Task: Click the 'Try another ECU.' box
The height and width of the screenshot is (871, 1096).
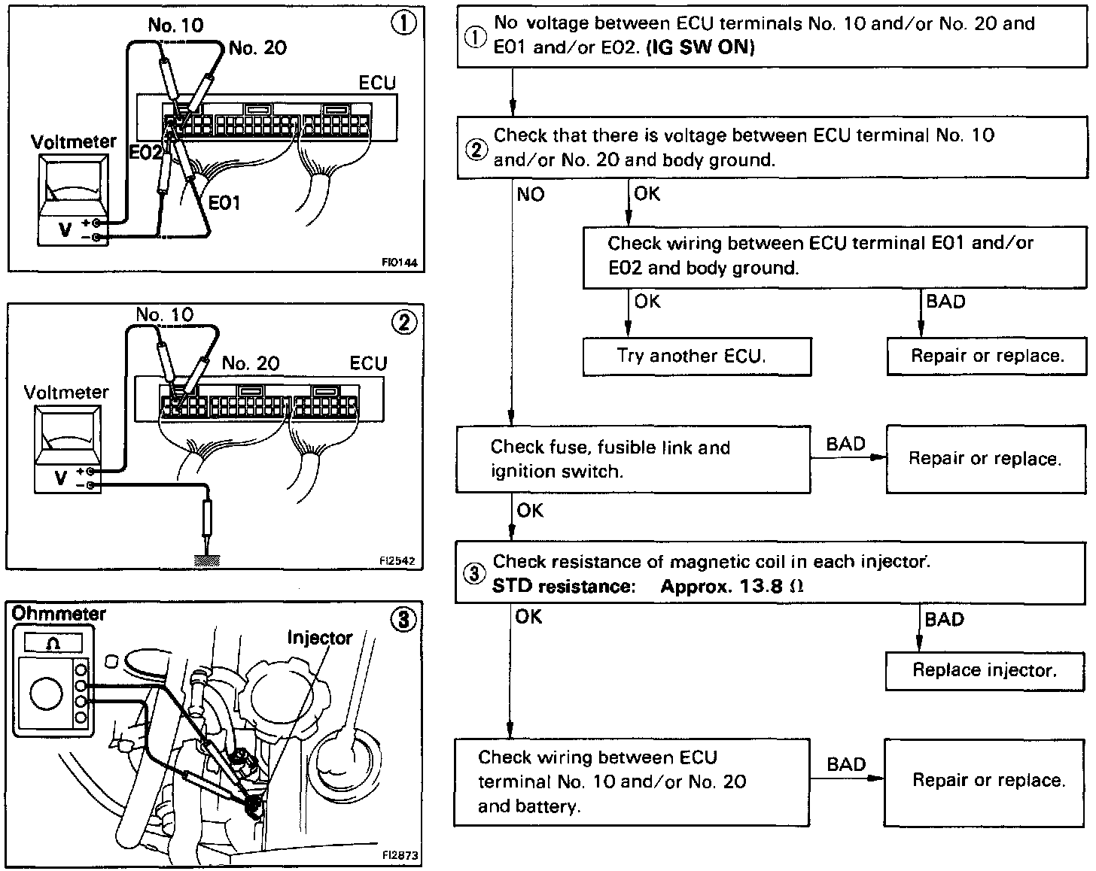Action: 696,356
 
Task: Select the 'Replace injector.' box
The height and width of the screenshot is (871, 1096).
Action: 985,670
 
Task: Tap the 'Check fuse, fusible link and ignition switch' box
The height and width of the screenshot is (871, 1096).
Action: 632,460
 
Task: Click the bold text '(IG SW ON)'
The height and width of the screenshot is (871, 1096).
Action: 700,47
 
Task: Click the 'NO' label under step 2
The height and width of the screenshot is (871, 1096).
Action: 530,195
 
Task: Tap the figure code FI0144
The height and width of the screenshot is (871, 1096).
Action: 398,263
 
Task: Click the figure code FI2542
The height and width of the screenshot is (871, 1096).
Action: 397,560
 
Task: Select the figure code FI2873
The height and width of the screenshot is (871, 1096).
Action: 400,855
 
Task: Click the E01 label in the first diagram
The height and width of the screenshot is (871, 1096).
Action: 224,202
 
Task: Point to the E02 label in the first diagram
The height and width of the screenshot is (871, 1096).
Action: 145,153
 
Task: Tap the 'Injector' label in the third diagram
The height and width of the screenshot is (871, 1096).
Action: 319,638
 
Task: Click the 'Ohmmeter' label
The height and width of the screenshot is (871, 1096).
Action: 59,614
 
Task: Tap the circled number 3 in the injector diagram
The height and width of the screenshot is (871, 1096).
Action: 404,620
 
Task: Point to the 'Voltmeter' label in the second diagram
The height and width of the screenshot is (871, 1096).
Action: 66,392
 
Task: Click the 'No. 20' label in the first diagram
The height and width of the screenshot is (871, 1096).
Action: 257,48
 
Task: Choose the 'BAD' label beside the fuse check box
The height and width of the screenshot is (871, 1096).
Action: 845,444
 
